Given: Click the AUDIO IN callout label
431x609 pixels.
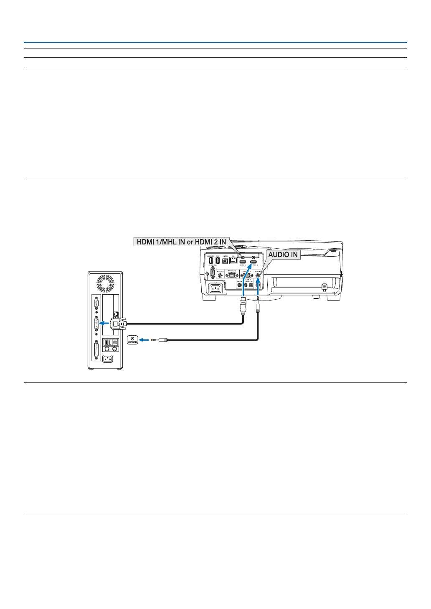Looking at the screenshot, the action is click(x=283, y=255).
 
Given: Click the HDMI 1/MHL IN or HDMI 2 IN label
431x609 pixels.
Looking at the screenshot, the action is click(x=181, y=242).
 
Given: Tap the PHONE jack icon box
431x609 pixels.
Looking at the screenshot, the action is click(x=132, y=340).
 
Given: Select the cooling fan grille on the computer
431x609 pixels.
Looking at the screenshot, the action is click(x=105, y=283).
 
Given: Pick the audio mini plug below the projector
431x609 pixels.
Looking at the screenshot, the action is click(x=258, y=306).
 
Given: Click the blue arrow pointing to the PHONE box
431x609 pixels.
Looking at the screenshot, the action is click(x=144, y=340).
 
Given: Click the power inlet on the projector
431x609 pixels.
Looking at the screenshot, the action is click(x=216, y=288).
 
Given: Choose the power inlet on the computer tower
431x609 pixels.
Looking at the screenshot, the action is click(x=108, y=359).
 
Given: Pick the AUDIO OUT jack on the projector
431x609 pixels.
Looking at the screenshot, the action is click(x=220, y=276).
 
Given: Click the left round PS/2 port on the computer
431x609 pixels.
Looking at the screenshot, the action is click(x=107, y=349).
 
